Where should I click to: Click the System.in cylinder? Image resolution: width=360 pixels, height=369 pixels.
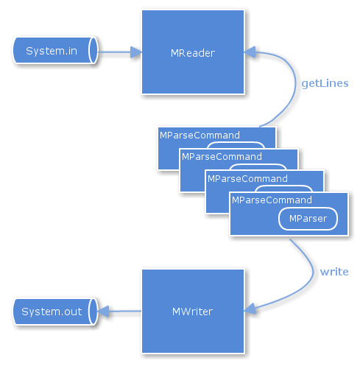coord(55,50)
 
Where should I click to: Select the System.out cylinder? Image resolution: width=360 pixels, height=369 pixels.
coord(55,312)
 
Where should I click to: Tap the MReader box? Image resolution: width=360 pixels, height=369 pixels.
coord(193,52)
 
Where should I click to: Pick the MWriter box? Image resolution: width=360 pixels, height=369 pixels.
coord(193,312)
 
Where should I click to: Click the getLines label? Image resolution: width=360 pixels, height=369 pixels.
coord(325,84)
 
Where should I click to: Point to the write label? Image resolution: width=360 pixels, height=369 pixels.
coord(334,272)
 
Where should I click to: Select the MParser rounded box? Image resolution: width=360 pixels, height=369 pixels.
coord(308,219)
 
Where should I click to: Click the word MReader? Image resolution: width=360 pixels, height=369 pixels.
coord(193,53)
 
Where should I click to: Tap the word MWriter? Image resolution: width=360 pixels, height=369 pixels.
coord(192,312)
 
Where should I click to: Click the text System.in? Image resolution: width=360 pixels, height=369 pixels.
coord(52,51)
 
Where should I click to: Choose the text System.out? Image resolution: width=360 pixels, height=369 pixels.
coord(52,312)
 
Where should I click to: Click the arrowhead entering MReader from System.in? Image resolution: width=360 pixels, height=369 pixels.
coord(136,52)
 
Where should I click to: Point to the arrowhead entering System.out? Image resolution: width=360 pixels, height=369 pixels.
coord(103,312)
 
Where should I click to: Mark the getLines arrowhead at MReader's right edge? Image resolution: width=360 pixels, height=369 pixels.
coord(250,52)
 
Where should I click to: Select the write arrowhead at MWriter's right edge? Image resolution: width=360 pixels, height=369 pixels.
coord(250,309)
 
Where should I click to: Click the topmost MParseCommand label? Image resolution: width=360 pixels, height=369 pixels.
coord(200,136)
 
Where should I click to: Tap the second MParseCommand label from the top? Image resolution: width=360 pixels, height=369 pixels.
coord(222,157)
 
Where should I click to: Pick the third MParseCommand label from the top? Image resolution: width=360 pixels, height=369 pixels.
coord(247,178)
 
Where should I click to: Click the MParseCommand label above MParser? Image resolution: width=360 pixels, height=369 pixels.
coord(272,200)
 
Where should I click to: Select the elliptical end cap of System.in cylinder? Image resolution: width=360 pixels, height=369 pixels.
coord(93,50)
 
